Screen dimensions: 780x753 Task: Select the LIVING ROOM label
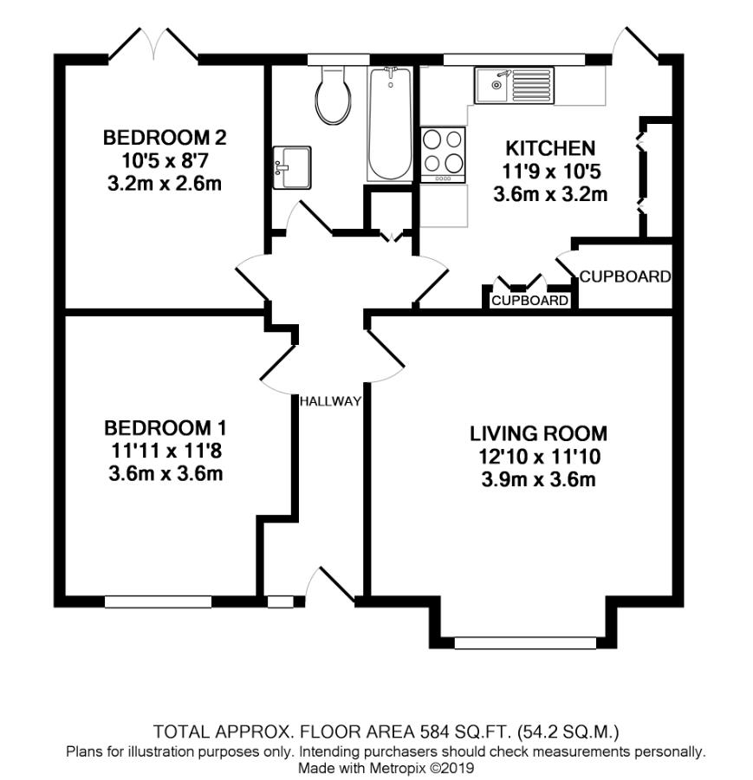tap(539, 433)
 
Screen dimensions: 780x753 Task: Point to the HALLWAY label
tap(329, 401)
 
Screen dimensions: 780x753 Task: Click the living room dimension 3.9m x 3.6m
tap(539, 479)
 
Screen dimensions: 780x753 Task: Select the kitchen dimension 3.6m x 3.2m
tap(550, 194)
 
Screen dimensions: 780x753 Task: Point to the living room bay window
tap(525, 642)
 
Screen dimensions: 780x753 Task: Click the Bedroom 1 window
tap(159, 601)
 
